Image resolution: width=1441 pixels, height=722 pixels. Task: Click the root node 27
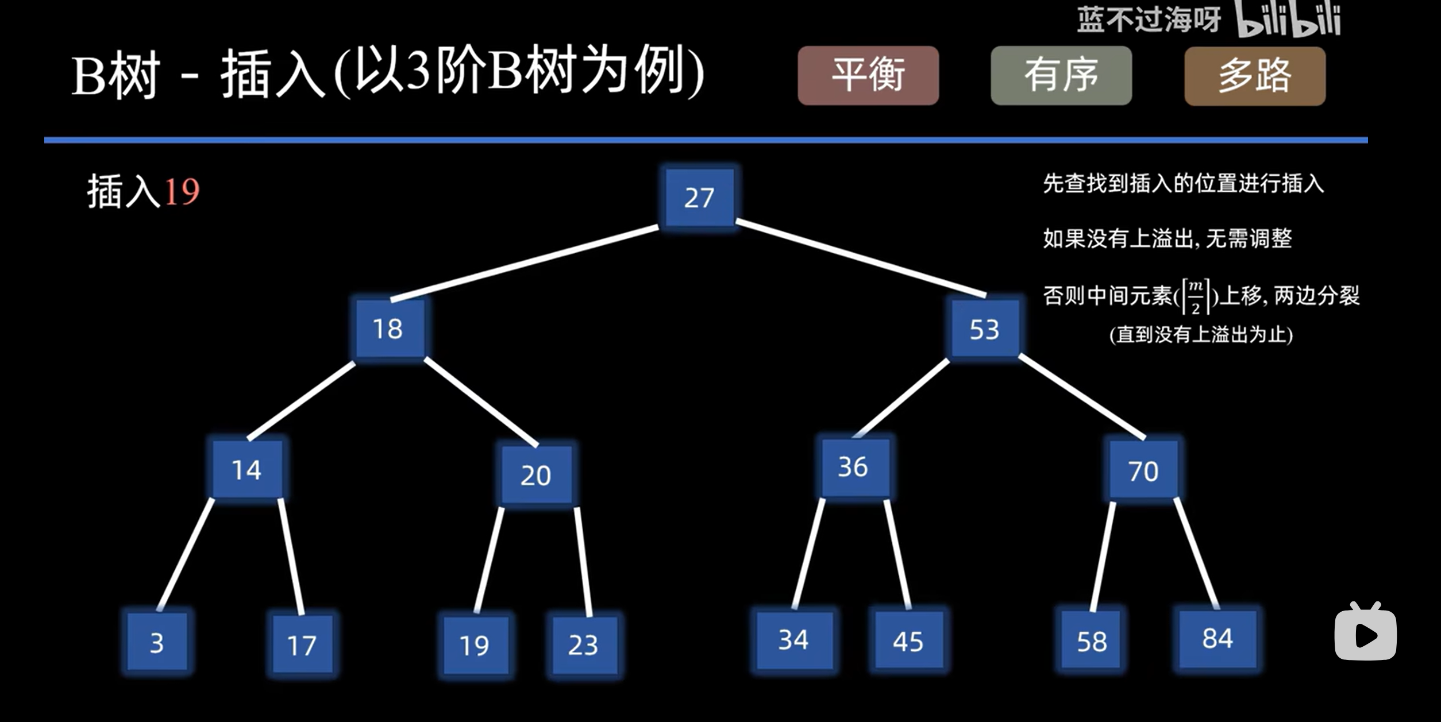click(699, 197)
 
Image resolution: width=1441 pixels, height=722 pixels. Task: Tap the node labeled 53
click(985, 329)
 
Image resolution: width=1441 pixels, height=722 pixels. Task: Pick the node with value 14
click(247, 469)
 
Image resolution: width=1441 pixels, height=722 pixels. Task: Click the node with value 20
click(536, 475)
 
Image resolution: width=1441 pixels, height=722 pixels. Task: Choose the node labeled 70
click(1143, 470)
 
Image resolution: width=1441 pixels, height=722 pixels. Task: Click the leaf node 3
click(157, 642)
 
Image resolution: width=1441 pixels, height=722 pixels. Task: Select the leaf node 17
click(302, 644)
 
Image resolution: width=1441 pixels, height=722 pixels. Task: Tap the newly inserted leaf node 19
click(475, 646)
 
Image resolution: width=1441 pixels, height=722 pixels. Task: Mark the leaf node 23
click(584, 644)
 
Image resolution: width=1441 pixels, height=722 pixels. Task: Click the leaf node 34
click(794, 640)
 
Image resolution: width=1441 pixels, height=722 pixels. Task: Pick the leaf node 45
click(908, 641)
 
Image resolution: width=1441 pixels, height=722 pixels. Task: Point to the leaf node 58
click(1091, 641)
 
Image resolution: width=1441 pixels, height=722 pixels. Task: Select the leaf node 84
click(1217, 639)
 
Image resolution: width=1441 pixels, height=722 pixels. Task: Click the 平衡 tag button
click(868, 75)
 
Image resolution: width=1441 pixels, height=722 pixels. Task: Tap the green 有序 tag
click(1061, 75)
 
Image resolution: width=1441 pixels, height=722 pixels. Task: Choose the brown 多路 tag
click(1255, 76)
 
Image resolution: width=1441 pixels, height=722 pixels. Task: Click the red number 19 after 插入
click(182, 191)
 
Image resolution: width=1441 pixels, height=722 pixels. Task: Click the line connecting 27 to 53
click(860, 258)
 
